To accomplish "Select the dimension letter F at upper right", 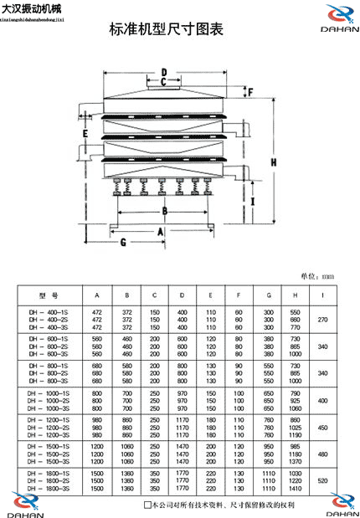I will coord(249,91).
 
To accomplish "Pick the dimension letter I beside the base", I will coord(253,201).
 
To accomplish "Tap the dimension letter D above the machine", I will coord(164,72).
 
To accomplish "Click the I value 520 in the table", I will coord(323,482).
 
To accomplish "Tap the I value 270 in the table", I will coord(323,320).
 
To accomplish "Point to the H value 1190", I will coord(295,435).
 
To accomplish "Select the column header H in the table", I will coord(295,295).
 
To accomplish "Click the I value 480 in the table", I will coord(323,455).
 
